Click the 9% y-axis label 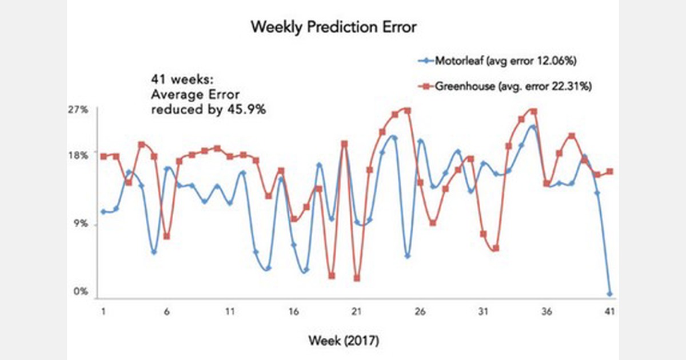[81, 225]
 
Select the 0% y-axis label [81, 291]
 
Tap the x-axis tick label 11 [230, 313]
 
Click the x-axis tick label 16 [293, 313]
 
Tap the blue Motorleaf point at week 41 [609, 294]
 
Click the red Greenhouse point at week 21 [357, 278]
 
